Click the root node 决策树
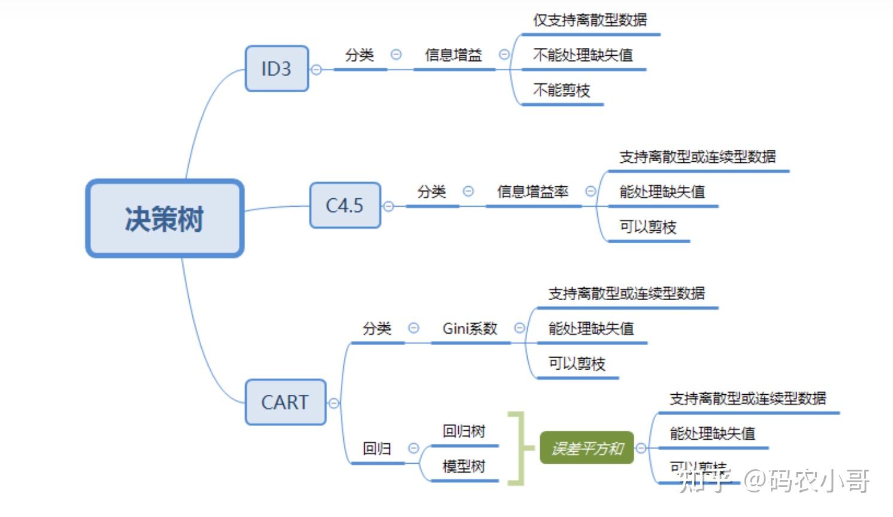165,219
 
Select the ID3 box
276,69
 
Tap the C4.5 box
344,205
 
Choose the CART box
285,402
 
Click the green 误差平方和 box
586,448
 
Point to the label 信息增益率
532,192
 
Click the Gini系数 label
470,328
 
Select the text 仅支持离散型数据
590,20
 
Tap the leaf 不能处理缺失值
583,55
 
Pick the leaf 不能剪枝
561,90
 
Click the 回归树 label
464,431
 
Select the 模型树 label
464,466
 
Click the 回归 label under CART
377,449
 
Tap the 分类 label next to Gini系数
377,328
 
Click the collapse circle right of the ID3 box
316,69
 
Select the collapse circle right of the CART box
334,403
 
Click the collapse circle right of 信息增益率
591,191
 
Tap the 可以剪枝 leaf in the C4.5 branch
647,227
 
